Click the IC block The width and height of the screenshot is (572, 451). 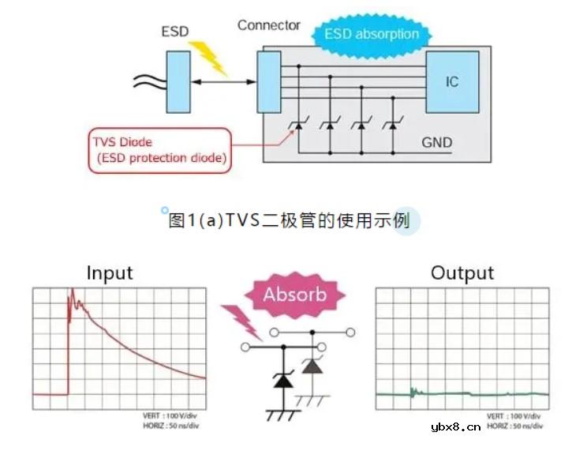pos(452,82)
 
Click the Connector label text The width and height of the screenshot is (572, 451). pos(268,25)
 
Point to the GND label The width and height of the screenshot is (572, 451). pos(436,142)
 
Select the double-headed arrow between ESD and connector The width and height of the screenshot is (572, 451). pos(224,82)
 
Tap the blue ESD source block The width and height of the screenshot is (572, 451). pos(178,81)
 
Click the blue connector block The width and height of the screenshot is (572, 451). pos(268,82)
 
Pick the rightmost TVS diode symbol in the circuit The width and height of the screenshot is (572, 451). pos(392,124)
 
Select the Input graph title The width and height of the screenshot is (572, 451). pos(110,273)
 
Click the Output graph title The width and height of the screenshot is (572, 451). pos(462,273)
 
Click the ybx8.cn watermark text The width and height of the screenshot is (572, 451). pos(456,427)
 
